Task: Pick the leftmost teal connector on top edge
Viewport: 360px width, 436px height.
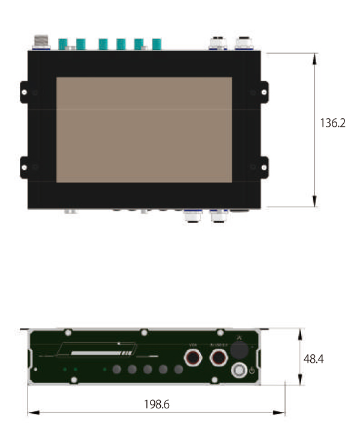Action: [62, 44]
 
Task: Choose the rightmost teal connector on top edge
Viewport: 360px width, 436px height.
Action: [157, 44]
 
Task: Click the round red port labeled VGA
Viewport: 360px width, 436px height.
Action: [193, 359]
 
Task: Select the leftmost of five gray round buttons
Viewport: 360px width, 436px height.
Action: [118, 370]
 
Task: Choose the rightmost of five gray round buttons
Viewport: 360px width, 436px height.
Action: [178, 370]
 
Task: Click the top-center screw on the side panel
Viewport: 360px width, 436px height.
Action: [144, 332]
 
